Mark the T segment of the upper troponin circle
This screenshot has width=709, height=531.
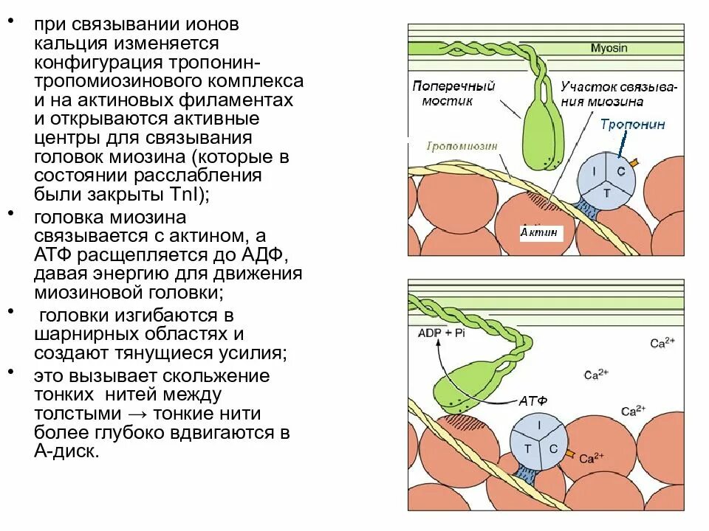coord(607,192)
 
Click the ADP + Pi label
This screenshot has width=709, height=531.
coord(441,333)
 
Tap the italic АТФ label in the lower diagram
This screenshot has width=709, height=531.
coord(533,401)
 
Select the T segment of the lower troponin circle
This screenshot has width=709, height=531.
coord(527,448)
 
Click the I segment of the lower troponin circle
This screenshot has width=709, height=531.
coord(539,426)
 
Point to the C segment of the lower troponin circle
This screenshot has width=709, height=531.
coord(552,448)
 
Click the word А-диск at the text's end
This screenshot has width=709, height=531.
coord(66,451)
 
